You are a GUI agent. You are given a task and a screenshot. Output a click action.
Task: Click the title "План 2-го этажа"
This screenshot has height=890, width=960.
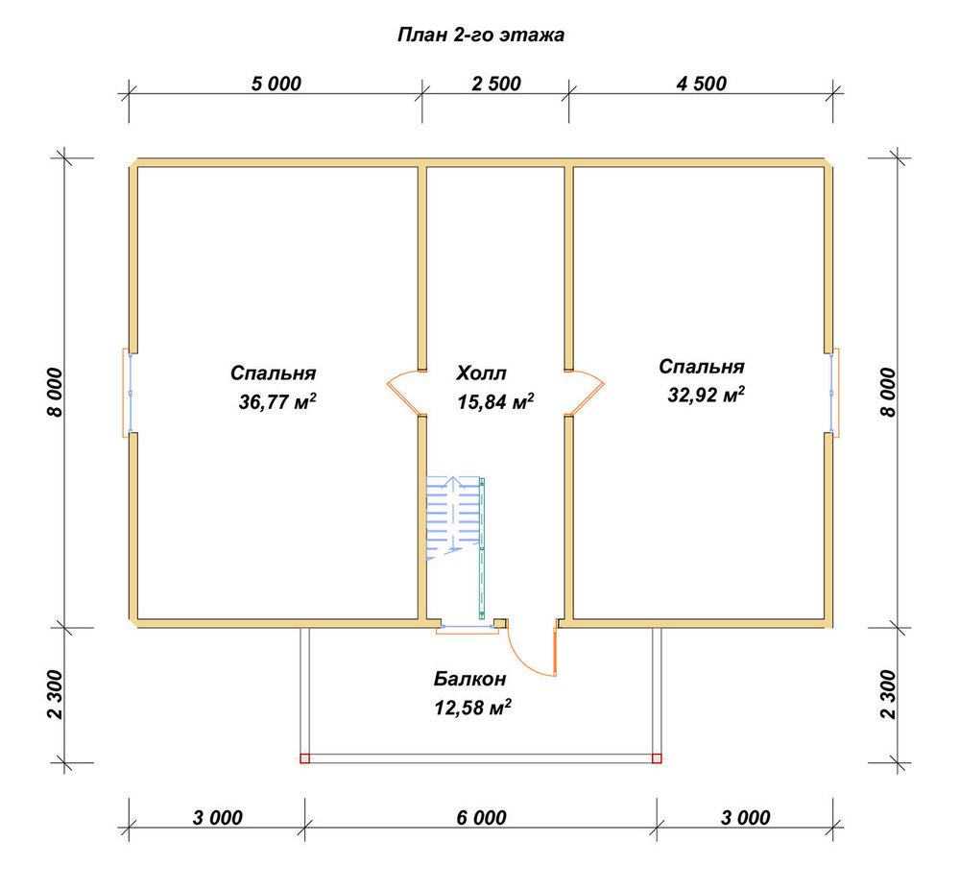(x=481, y=35)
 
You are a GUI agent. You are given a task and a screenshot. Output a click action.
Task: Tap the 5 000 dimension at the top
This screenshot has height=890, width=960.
(x=276, y=84)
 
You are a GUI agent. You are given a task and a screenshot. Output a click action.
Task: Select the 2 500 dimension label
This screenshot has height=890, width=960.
(x=496, y=84)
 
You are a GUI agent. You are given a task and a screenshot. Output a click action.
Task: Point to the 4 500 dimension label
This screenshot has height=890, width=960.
(x=701, y=84)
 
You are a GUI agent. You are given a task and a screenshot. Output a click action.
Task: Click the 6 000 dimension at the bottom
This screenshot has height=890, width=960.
(x=481, y=817)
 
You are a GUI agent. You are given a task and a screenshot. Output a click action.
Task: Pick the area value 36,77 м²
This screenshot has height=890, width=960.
(x=277, y=401)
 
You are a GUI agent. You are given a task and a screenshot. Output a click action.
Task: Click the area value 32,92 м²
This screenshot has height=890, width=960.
(x=706, y=395)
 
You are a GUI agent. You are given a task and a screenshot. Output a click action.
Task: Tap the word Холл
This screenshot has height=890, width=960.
(x=481, y=373)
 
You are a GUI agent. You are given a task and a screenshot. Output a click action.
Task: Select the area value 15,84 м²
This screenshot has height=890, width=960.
(x=495, y=401)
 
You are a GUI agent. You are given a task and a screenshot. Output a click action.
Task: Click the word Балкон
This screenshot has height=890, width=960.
(x=470, y=679)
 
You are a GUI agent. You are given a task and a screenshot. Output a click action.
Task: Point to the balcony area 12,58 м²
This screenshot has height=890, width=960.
(x=472, y=708)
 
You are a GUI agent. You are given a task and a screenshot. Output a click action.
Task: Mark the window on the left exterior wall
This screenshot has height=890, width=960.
(x=130, y=393)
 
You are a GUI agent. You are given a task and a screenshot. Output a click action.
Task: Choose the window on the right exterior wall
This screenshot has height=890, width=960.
(x=832, y=393)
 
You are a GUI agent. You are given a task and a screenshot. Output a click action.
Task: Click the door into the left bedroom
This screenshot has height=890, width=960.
(x=404, y=391)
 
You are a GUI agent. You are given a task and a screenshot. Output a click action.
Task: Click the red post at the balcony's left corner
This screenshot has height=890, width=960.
(x=305, y=758)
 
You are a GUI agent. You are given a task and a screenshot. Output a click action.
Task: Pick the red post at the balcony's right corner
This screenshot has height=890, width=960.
(x=657, y=758)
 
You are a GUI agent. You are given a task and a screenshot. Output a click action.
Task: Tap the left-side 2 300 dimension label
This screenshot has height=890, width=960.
(x=55, y=694)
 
